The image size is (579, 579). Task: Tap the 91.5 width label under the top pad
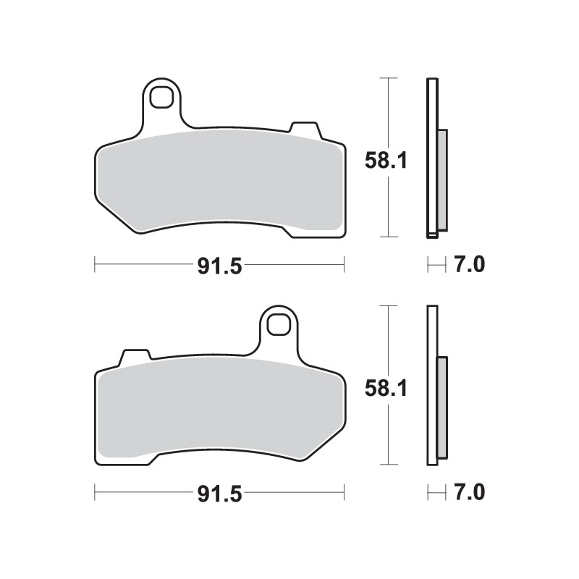[x=219, y=266]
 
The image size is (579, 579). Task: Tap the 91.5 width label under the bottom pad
[x=219, y=495]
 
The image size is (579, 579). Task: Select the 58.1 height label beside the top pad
[x=385, y=161]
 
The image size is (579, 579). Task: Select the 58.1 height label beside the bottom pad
[x=385, y=389]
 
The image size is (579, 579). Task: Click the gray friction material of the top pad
[x=217, y=181]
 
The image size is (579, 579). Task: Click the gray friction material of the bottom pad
[x=217, y=409]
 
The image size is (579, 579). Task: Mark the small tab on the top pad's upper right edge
[x=303, y=128]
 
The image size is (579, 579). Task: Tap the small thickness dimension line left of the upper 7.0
[x=436, y=266]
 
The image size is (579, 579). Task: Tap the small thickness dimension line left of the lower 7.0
[x=436, y=495]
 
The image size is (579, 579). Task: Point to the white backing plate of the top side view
[x=432, y=109]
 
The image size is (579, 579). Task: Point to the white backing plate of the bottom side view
[x=432, y=333]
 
